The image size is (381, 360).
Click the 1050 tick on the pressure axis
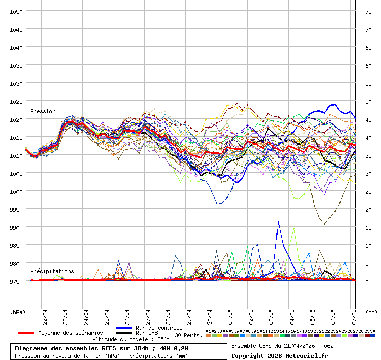[16, 11]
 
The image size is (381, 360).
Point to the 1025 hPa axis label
[16, 101]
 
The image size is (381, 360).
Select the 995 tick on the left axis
[16, 209]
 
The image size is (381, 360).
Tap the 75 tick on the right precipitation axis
[368, 11]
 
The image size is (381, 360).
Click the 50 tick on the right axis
[368, 101]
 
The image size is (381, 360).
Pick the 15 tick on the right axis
[368, 227]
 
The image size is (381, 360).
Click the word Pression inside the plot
[43, 111]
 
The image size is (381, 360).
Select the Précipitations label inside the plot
[52, 271]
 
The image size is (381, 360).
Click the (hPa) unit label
[18, 312]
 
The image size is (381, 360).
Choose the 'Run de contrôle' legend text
[159, 328]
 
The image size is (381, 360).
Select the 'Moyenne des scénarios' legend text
[71, 333]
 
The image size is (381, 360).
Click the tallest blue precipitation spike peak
[279, 222]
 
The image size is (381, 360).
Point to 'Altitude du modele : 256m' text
[131, 339]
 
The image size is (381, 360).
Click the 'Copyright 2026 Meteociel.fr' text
[280, 355]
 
